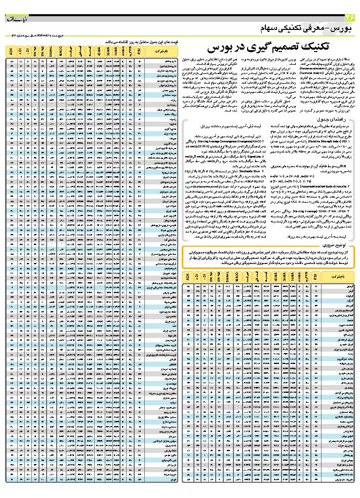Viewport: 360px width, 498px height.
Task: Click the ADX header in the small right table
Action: (x=188, y=278)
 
